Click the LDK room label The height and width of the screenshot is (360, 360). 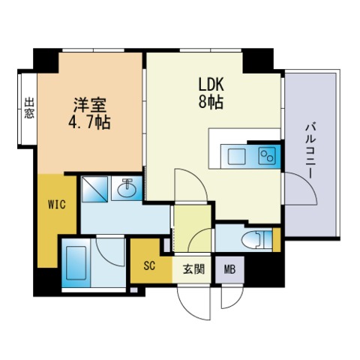[211, 85]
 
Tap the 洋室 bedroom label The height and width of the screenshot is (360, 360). [90, 105]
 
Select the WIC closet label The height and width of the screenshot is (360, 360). [57, 205]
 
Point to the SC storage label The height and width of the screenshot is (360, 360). [149, 265]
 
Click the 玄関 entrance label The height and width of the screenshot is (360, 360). [194, 269]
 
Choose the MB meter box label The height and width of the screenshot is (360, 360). [229, 269]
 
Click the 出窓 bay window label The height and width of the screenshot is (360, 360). [29, 108]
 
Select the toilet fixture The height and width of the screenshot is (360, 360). [256, 239]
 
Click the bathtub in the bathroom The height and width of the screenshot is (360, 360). [76, 263]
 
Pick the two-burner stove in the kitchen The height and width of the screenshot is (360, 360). [267, 155]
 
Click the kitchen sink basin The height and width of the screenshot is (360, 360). [236, 156]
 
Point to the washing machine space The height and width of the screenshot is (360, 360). [94, 189]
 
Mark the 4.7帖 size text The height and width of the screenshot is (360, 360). [89, 122]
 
